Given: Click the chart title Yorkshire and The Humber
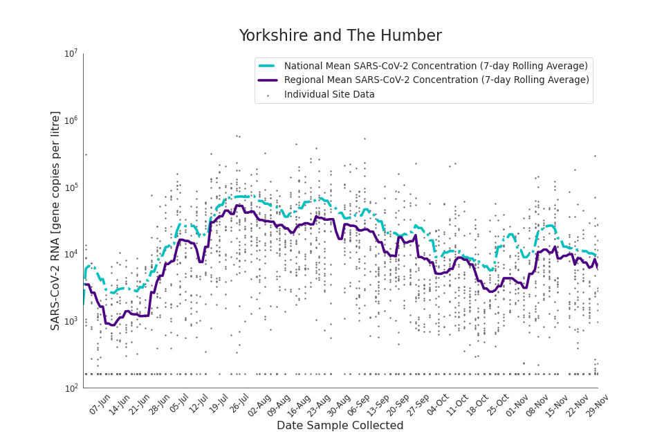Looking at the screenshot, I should coord(340,36).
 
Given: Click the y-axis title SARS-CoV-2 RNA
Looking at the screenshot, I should coord(55,220).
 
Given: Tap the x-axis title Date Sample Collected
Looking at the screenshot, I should coord(340,426).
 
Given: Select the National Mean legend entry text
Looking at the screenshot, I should coord(436,66).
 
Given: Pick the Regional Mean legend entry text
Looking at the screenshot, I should coord(436,80).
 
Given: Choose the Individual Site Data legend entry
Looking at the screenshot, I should coord(329,95).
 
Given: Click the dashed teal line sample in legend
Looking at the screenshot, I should coord(268,66).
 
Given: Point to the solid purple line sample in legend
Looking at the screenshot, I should coord(268,80).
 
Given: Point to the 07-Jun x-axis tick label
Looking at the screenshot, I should coord(100,404).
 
